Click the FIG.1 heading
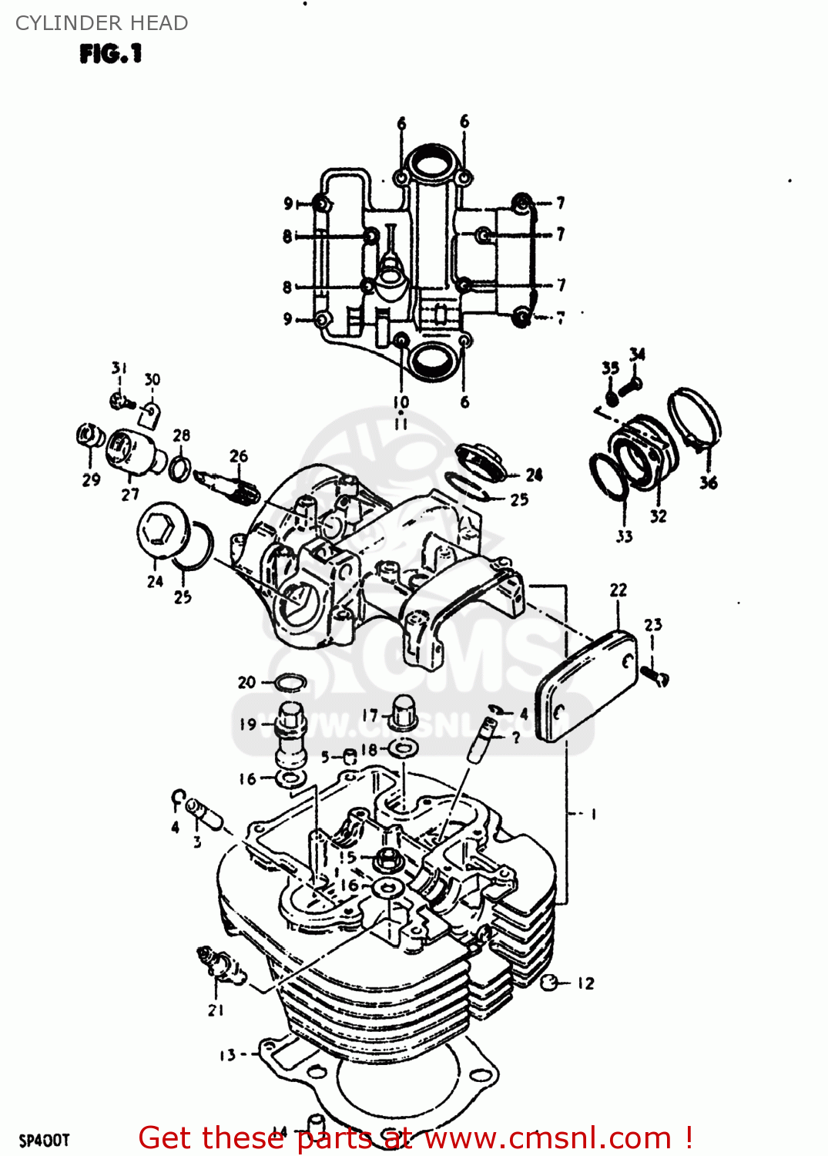pos(111,54)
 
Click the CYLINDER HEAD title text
pos(102,23)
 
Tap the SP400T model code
pos(44,1140)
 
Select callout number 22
pos(618,590)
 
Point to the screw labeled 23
pos(656,677)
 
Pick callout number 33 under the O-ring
pos(624,536)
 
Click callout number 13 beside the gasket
pos(227,1055)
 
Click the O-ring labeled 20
pos(290,682)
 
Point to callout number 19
pos(247,724)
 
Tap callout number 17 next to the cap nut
pos(370,716)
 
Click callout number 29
pos(91,479)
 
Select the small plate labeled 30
pos(151,415)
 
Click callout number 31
pos(119,368)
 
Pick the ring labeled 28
pos(180,467)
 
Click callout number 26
pos(239,456)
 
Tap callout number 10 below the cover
pos(401,402)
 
